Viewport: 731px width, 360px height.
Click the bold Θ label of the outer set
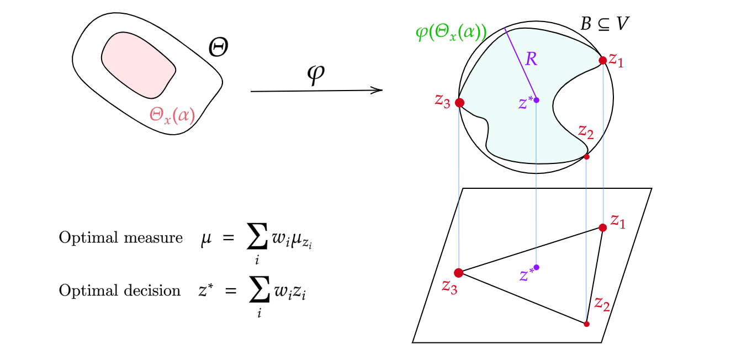219,47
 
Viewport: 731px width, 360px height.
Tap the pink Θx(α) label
172,115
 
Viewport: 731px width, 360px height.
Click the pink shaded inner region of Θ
138,63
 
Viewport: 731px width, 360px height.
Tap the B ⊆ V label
605,24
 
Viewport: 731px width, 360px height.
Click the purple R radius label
531,59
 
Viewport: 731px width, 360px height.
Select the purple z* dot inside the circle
536,100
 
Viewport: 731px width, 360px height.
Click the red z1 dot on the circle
602,60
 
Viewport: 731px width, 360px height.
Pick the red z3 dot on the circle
459,103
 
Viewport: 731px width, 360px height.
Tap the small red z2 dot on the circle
586,157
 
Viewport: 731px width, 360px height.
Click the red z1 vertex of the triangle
602,227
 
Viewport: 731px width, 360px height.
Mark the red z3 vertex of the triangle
458,272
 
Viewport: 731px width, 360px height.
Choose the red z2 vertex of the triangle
586,324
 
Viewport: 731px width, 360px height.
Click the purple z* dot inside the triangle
536,267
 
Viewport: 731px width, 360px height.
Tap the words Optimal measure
120,238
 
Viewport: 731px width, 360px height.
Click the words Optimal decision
119,291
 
